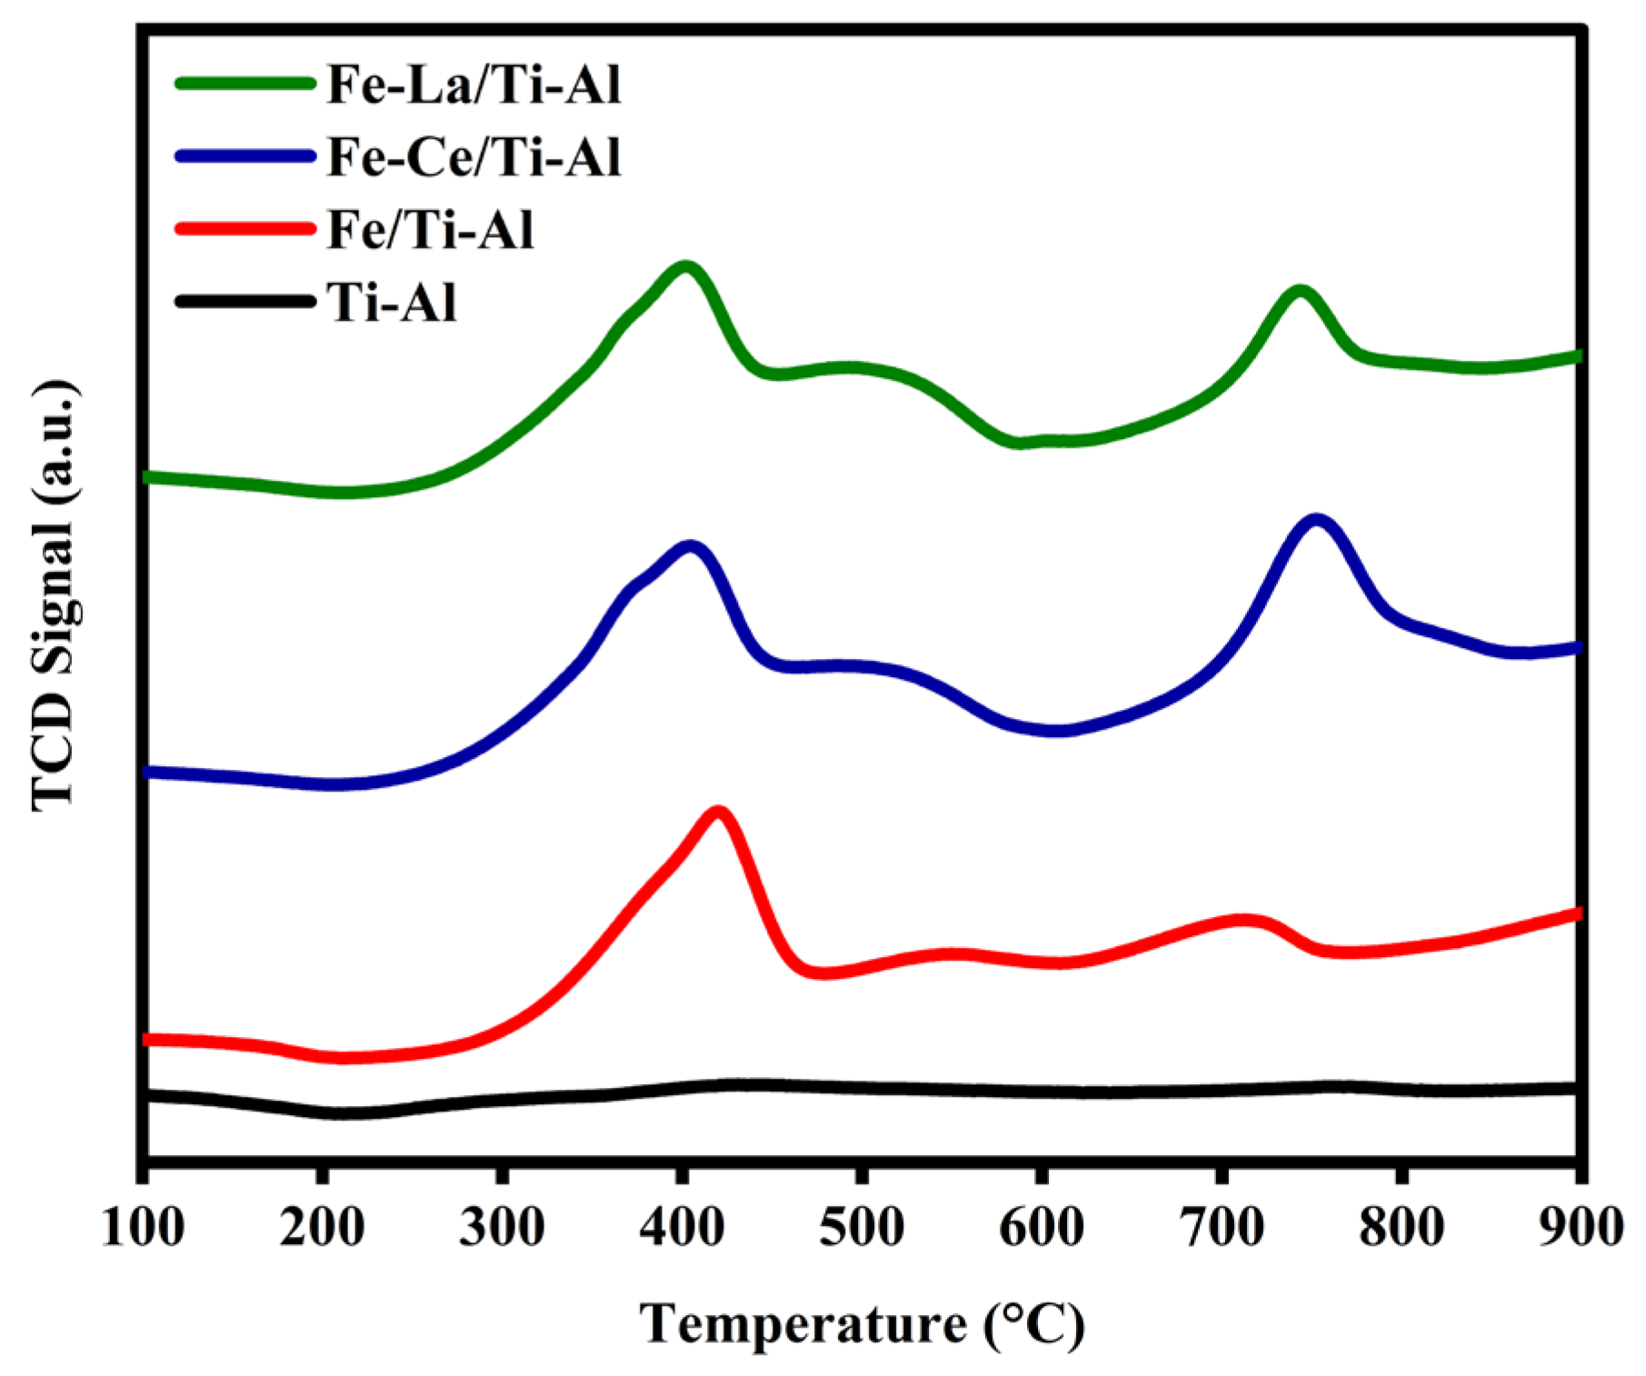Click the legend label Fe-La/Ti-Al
pyautogui.click(x=474, y=85)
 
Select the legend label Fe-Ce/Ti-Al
pyautogui.click(x=474, y=157)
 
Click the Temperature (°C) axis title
pyautogui.click(x=862, y=1324)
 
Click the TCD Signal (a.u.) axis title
pyautogui.click(x=56, y=596)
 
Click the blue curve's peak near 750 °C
pyautogui.click(x=1315, y=520)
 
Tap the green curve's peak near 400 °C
pyautogui.click(x=685, y=267)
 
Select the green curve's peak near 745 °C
pyautogui.click(x=1300, y=292)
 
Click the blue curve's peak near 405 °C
pyautogui.click(x=691, y=547)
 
